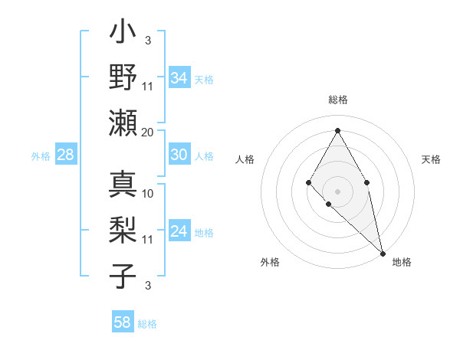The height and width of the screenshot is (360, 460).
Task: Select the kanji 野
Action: point(123,79)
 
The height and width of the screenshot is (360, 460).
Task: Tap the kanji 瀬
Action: point(123,123)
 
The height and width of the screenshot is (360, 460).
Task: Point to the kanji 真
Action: point(123,185)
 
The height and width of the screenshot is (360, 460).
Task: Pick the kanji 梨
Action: point(123,229)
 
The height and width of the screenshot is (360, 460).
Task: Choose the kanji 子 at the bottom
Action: point(123,273)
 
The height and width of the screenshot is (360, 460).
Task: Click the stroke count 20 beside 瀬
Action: point(148,132)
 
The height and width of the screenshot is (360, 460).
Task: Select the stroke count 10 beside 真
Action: point(148,193)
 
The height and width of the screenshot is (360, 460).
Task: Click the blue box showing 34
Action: point(179,78)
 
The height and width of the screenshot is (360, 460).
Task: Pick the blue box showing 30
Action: point(179,155)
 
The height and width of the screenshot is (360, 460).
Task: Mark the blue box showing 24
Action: point(179,231)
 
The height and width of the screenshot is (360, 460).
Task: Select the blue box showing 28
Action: point(65,155)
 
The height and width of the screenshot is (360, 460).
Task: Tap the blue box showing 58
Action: point(122,322)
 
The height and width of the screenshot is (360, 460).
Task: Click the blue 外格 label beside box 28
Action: point(41,156)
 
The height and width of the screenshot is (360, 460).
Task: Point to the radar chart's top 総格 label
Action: point(337,100)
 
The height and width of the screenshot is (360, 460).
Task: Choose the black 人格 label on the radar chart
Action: point(245,159)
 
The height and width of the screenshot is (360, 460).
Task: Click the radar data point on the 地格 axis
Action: point(383,252)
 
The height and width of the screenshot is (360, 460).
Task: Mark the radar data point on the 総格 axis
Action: point(337,129)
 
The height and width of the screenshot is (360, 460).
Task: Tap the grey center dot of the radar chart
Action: point(337,190)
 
